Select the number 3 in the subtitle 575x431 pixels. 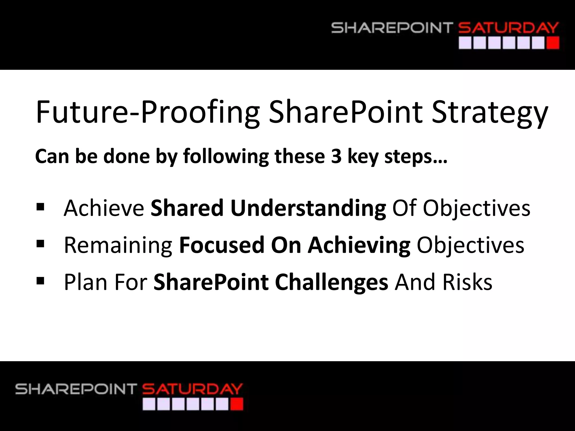[336, 156]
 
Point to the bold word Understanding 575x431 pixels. [308, 208]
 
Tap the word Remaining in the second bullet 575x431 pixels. [118, 245]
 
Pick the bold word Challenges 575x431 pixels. [331, 282]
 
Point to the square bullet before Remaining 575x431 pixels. [40, 244]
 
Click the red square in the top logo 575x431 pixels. [553, 43]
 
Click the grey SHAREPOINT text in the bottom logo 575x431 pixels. [76, 389]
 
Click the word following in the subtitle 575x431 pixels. [226, 156]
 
